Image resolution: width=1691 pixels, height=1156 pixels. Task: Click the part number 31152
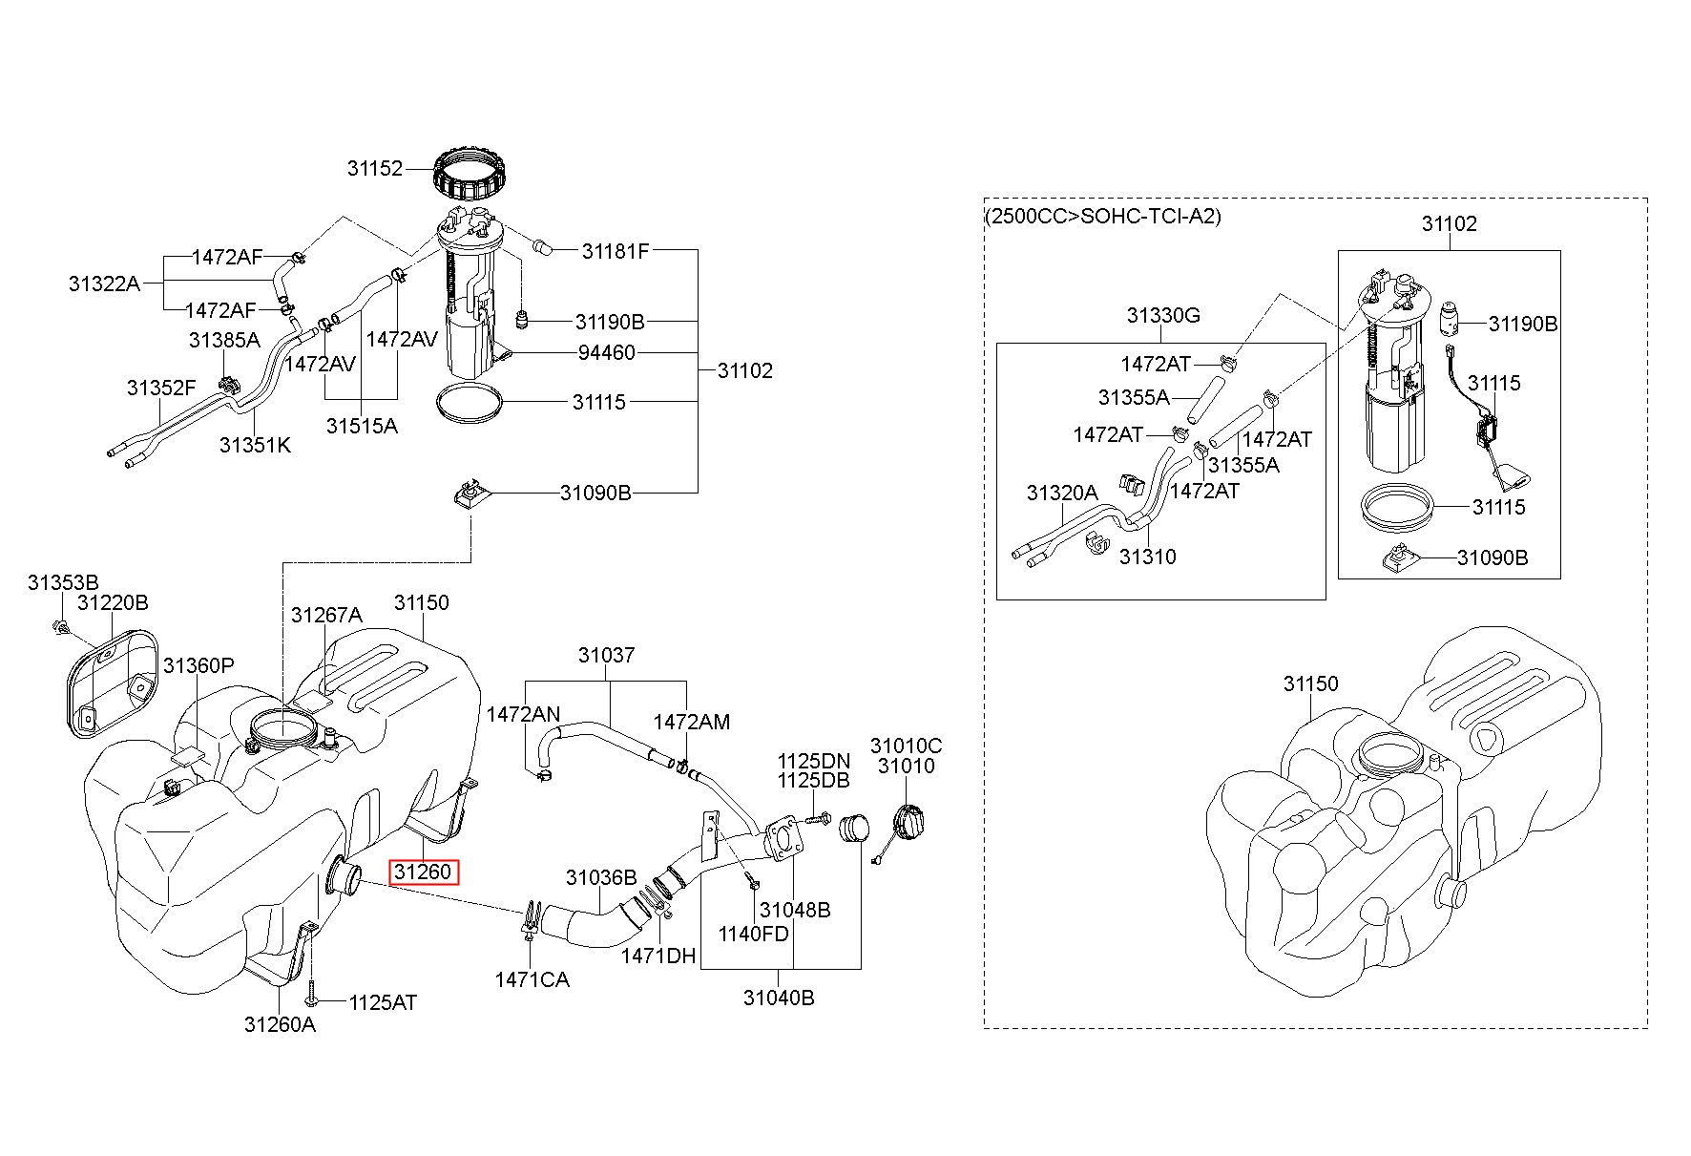click(375, 169)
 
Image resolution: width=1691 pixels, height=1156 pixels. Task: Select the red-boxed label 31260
click(423, 872)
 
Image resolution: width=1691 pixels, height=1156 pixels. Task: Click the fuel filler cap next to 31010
click(909, 822)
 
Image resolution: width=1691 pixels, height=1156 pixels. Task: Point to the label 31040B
click(779, 998)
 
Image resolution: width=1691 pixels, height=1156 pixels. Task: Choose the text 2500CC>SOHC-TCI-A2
click(1102, 216)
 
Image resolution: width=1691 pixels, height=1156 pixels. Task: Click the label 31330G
click(1162, 315)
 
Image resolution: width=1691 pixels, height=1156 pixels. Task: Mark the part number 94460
click(606, 353)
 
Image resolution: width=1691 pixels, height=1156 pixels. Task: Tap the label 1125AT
click(383, 1002)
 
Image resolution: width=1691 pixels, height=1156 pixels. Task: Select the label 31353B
click(63, 582)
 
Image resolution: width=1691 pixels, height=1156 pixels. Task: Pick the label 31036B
click(601, 877)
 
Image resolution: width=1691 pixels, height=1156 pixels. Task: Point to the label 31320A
click(1062, 493)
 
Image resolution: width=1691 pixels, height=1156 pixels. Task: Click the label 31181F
click(616, 252)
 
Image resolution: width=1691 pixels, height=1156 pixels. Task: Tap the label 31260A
click(280, 1024)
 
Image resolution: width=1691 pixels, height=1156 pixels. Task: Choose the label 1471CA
click(532, 979)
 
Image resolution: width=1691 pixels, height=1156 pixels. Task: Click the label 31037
click(606, 656)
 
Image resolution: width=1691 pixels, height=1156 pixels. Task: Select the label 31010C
click(906, 745)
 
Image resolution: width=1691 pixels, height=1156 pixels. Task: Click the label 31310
click(1147, 557)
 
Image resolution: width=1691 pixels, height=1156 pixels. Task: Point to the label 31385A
click(224, 341)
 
